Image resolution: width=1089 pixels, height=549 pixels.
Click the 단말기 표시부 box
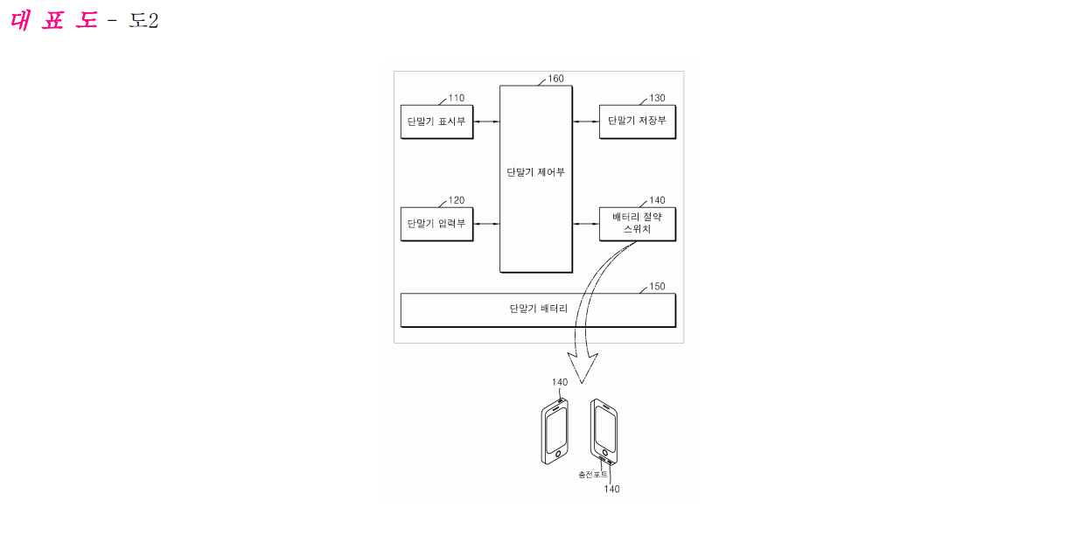(436, 121)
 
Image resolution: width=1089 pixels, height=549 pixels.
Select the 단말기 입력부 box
(436, 224)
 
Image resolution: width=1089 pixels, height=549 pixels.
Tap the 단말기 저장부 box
(637, 121)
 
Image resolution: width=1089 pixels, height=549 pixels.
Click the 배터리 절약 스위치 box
(637, 224)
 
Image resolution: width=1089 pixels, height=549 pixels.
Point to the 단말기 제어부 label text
(535, 172)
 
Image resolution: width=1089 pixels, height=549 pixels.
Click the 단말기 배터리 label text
(538, 309)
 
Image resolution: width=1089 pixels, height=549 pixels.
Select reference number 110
(457, 99)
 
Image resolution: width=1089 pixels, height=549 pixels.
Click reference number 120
(457, 201)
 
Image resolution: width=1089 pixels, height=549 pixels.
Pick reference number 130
(657, 99)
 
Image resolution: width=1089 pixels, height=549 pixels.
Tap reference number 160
(556, 79)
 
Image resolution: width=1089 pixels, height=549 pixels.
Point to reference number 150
(657, 287)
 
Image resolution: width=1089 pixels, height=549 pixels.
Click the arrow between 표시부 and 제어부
(486, 122)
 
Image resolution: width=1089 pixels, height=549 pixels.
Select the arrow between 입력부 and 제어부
(486, 225)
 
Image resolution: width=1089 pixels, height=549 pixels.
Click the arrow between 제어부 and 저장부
(585, 122)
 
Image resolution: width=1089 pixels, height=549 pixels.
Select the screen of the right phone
(604, 431)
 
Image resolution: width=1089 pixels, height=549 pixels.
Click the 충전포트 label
(592, 475)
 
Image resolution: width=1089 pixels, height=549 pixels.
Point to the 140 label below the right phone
(611, 490)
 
